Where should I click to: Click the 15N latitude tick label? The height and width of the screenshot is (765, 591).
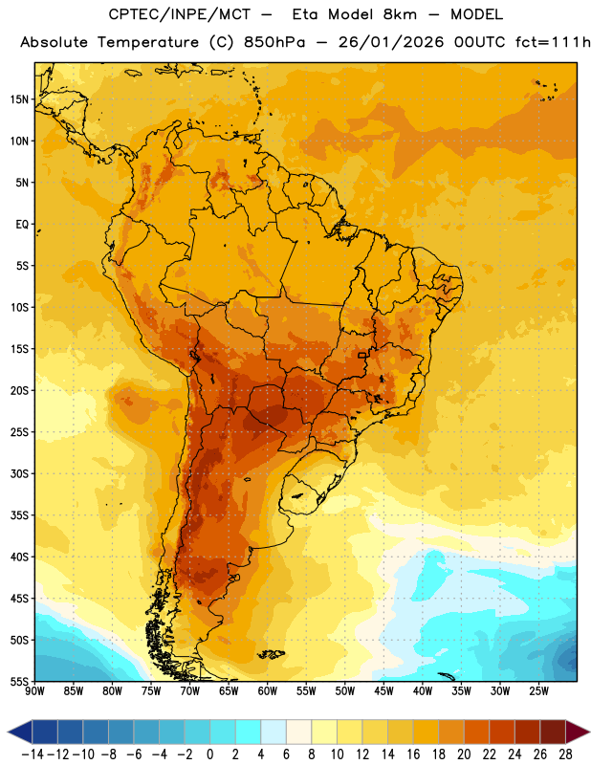pyautogui.click(x=19, y=99)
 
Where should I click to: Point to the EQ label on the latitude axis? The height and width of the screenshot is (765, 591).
pyautogui.click(x=22, y=225)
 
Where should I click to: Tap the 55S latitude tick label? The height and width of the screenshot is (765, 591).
pyautogui.click(x=19, y=682)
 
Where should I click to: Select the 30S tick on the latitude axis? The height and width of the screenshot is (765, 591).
pyautogui.click(x=19, y=473)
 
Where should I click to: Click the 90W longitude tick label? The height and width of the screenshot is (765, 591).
pyautogui.click(x=34, y=691)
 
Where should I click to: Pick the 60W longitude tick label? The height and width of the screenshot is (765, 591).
pyautogui.click(x=268, y=691)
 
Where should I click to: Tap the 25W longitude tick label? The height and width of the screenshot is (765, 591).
pyautogui.click(x=538, y=691)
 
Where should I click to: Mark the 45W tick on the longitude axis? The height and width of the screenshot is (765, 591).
pyautogui.click(x=383, y=691)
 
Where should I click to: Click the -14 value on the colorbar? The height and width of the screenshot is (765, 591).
pyautogui.click(x=33, y=754)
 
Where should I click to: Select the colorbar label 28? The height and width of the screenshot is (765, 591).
pyautogui.click(x=565, y=754)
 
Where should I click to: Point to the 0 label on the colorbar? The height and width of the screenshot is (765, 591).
pyautogui.click(x=209, y=754)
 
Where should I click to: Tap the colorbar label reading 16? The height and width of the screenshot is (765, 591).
pyautogui.click(x=413, y=754)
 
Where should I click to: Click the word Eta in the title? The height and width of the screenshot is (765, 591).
pyautogui.click(x=304, y=14)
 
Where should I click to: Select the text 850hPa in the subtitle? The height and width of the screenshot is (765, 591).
pyautogui.click(x=274, y=42)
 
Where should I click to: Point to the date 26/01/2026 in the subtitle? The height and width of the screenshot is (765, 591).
pyautogui.click(x=391, y=42)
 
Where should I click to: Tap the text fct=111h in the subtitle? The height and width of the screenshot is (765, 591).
pyautogui.click(x=553, y=42)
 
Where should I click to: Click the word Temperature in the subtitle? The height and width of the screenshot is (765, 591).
pyautogui.click(x=148, y=43)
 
